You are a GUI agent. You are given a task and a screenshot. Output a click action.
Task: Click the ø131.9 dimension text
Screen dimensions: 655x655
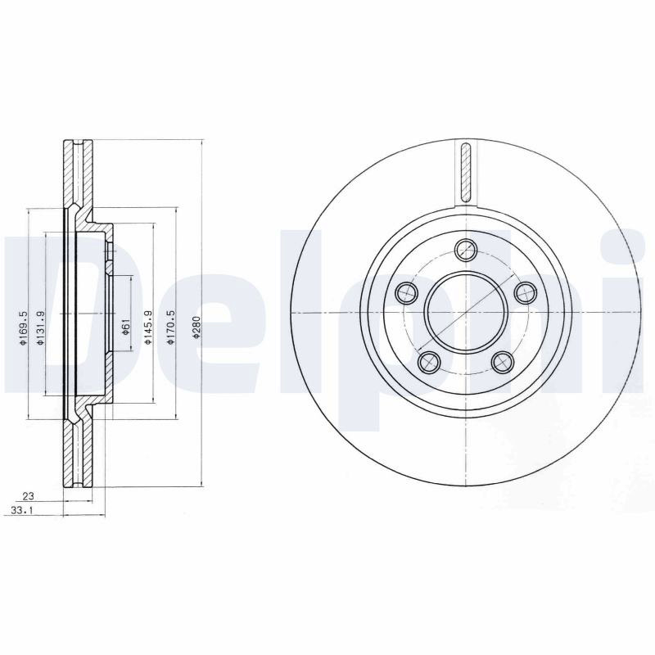pos(40,328)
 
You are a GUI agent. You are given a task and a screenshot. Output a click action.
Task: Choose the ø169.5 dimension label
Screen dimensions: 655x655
pos(23,328)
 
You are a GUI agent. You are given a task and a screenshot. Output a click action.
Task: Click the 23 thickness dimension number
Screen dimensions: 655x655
pos(28,496)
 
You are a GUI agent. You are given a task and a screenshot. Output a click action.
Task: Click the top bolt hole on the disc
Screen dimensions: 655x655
pos(466,250)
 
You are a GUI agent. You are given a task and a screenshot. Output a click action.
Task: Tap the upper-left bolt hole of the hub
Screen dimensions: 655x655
pos(406,293)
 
